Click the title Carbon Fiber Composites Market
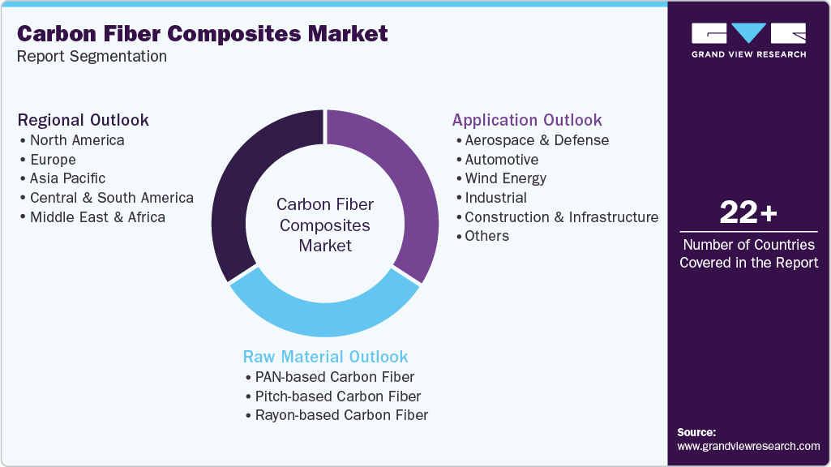click(202, 33)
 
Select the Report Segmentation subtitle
click(92, 56)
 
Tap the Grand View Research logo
click(748, 40)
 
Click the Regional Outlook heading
click(84, 120)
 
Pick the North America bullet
click(77, 140)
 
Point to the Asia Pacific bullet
click(67, 178)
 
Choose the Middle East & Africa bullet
click(97, 216)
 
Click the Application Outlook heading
click(527, 120)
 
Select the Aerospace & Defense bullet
click(536, 140)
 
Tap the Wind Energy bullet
click(505, 178)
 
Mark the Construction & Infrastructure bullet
click(561, 216)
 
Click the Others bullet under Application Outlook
click(486, 236)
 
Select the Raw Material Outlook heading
click(325, 357)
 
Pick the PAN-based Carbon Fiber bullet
click(334, 377)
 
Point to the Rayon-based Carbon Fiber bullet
click(341, 415)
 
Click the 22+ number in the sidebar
click(748, 212)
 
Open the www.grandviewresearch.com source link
click(748, 446)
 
